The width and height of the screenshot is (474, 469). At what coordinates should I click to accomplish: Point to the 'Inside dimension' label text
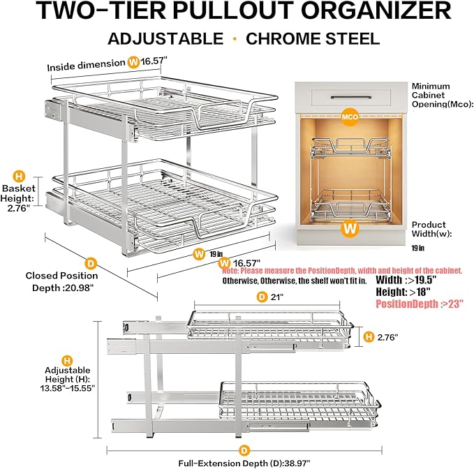(x=85, y=66)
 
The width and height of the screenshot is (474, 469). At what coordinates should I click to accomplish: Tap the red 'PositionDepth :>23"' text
(x=420, y=304)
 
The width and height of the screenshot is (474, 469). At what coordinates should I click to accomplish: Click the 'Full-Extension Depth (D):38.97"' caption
(x=242, y=462)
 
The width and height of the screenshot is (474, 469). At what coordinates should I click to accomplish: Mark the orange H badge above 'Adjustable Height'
(x=66, y=361)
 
